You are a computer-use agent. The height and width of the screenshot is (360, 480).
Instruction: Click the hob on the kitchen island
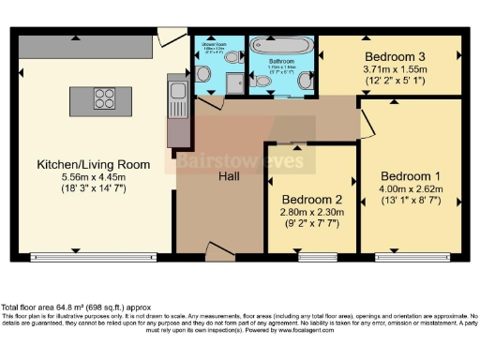(x=104, y=99)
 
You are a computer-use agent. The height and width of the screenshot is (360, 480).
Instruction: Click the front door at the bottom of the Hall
(x=218, y=251)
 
